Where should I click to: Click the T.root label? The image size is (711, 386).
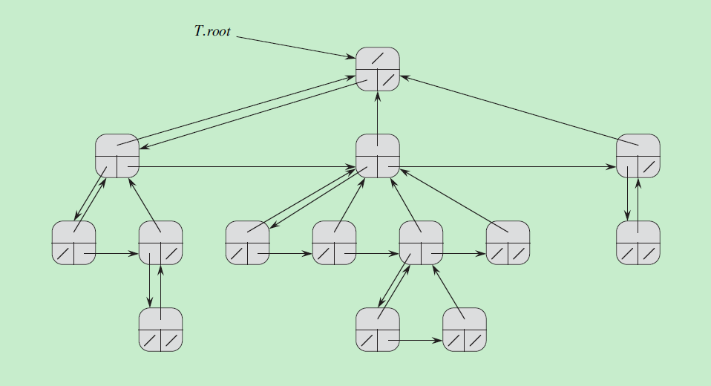click(x=212, y=32)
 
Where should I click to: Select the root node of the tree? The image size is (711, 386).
click(x=378, y=69)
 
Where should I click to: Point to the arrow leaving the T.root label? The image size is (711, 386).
click(x=297, y=47)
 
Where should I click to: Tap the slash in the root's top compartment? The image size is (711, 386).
click(x=378, y=58)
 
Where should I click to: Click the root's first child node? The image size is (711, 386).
click(x=117, y=156)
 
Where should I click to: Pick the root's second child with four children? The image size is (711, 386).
click(x=378, y=156)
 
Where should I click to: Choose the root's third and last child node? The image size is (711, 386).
click(x=638, y=156)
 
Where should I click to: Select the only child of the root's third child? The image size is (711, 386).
click(x=638, y=243)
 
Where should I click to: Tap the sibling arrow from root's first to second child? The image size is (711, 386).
click(x=245, y=167)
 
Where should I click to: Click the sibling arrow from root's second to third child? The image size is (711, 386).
click(x=512, y=167)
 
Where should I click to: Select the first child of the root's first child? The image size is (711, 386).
click(x=73, y=243)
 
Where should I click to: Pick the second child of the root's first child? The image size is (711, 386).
click(x=161, y=243)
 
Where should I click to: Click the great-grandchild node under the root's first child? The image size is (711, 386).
click(x=161, y=330)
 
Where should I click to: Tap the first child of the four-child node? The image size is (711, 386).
click(x=248, y=243)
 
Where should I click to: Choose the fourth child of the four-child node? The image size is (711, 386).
click(x=508, y=243)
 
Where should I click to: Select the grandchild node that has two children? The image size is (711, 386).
click(x=422, y=243)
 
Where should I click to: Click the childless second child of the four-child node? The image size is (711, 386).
click(x=335, y=243)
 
